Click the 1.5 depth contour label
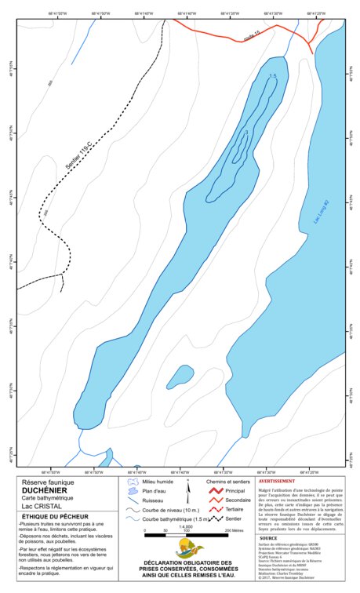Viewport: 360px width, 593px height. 272,75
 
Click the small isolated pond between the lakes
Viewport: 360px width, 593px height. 181,376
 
